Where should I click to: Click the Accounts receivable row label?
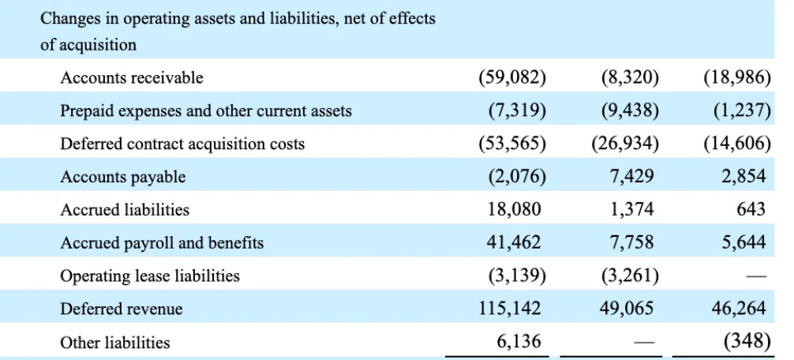132,78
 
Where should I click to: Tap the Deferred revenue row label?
122,309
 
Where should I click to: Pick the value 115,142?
509,309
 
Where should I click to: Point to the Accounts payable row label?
123,178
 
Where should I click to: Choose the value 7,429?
631,177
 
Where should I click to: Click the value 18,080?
515,210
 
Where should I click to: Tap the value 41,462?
515,243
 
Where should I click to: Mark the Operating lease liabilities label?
150,276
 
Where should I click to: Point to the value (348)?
746,342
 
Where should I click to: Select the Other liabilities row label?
115,343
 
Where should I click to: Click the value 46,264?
739,309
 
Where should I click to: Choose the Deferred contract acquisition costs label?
182,144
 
